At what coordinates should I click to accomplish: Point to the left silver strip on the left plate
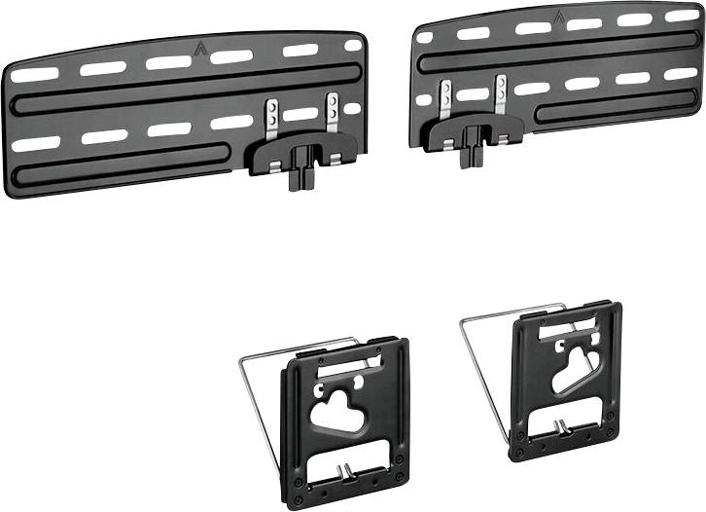click(x=274, y=116)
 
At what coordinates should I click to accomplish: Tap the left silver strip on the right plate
click(x=445, y=99)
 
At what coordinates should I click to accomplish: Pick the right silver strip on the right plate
click(x=501, y=94)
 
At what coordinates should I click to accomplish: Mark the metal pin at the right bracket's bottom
click(x=561, y=425)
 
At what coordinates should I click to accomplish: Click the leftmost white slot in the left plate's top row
click(x=35, y=74)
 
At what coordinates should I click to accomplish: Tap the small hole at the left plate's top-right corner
click(x=352, y=46)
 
